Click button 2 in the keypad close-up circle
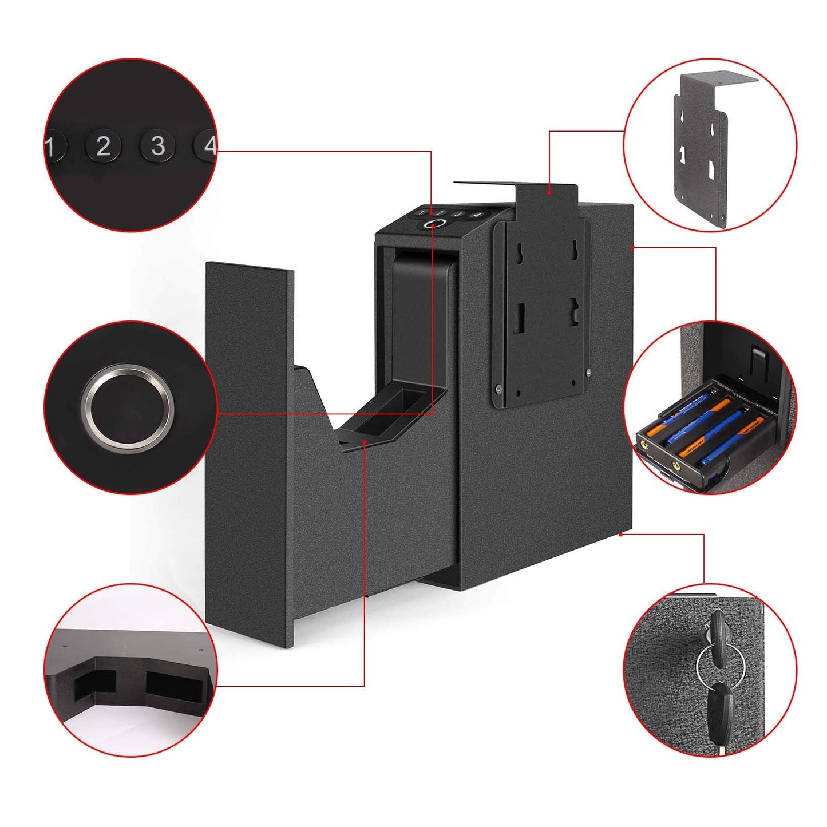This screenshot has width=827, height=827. tap(103, 147)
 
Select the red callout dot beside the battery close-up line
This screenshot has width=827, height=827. tap(632, 247)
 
